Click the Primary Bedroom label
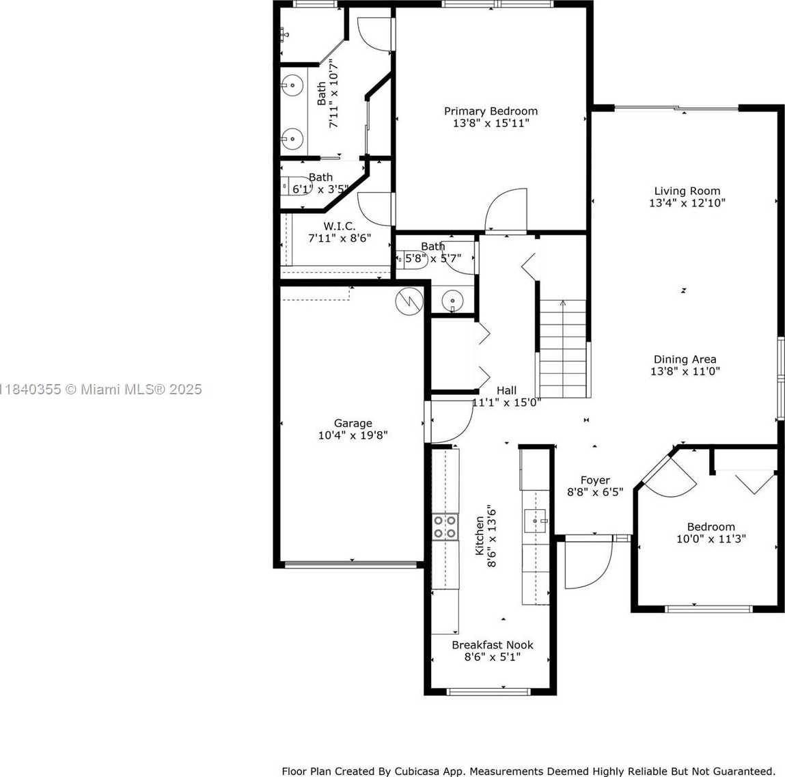pyautogui.click(x=491, y=111)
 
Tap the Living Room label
pyautogui.click(x=687, y=191)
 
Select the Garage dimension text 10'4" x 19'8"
pyautogui.click(x=353, y=435)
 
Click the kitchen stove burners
pyautogui.click(x=445, y=527)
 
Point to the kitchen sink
pyautogui.click(x=535, y=521)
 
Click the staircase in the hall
pyautogui.click(x=563, y=348)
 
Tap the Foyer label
pyautogui.click(x=595, y=480)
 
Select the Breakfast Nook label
pyautogui.click(x=493, y=645)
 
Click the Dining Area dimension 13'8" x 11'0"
pyautogui.click(x=685, y=371)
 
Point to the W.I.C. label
pyautogui.click(x=340, y=226)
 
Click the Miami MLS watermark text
pyautogui.click(x=101, y=389)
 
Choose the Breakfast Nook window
pyautogui.click(x=488, y=692)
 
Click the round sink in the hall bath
pyautogui.click(x=452, y=301)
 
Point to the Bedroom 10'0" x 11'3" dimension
pyautogui.click(x=711, y=539)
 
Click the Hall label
pyautogui.click(x=507, y=390)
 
